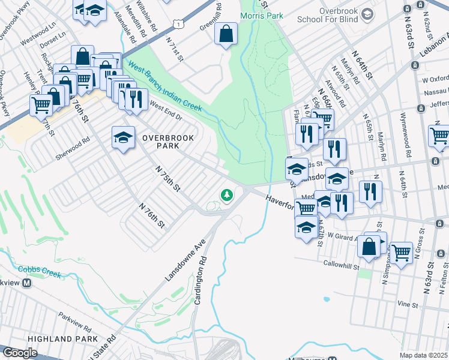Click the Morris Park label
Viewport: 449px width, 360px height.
261,16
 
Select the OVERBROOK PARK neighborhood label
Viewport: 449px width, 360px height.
168,143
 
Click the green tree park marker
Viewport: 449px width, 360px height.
227,194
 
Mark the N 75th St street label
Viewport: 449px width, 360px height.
167,179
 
